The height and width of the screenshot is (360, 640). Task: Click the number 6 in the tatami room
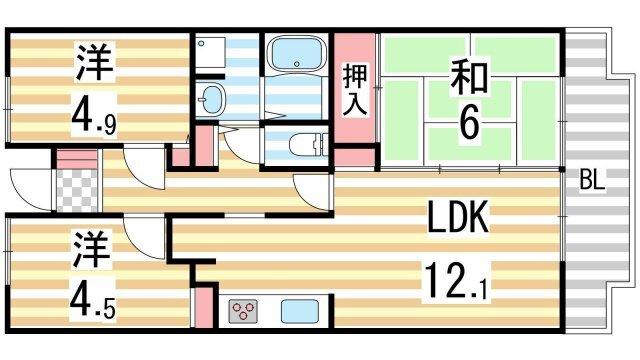click(x=468, y=124)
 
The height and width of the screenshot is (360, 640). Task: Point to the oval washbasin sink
click(x=213, y=100)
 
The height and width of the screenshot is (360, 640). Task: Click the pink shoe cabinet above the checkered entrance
click(x=72, y=158)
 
